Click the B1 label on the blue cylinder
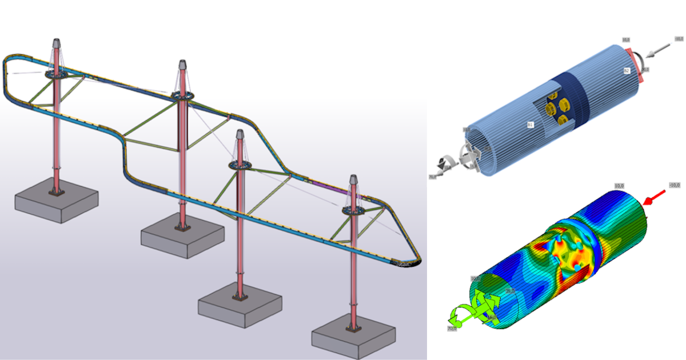pyautogui.click(x=530, y=123)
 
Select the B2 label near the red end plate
pyautogui.click(x=627, y=71)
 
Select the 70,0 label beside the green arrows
pyautogui.click(x=452, y=329)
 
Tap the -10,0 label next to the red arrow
pyautogui.click(x=675, y=185)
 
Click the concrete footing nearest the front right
pyautogui.click(x=353, y=337)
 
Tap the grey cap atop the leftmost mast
pyautogui.click(x=57, y=44)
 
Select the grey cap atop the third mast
pyautogui.click(x=240, y=136)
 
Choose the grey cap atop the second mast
pyautogui.click(x=182, y=65)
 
